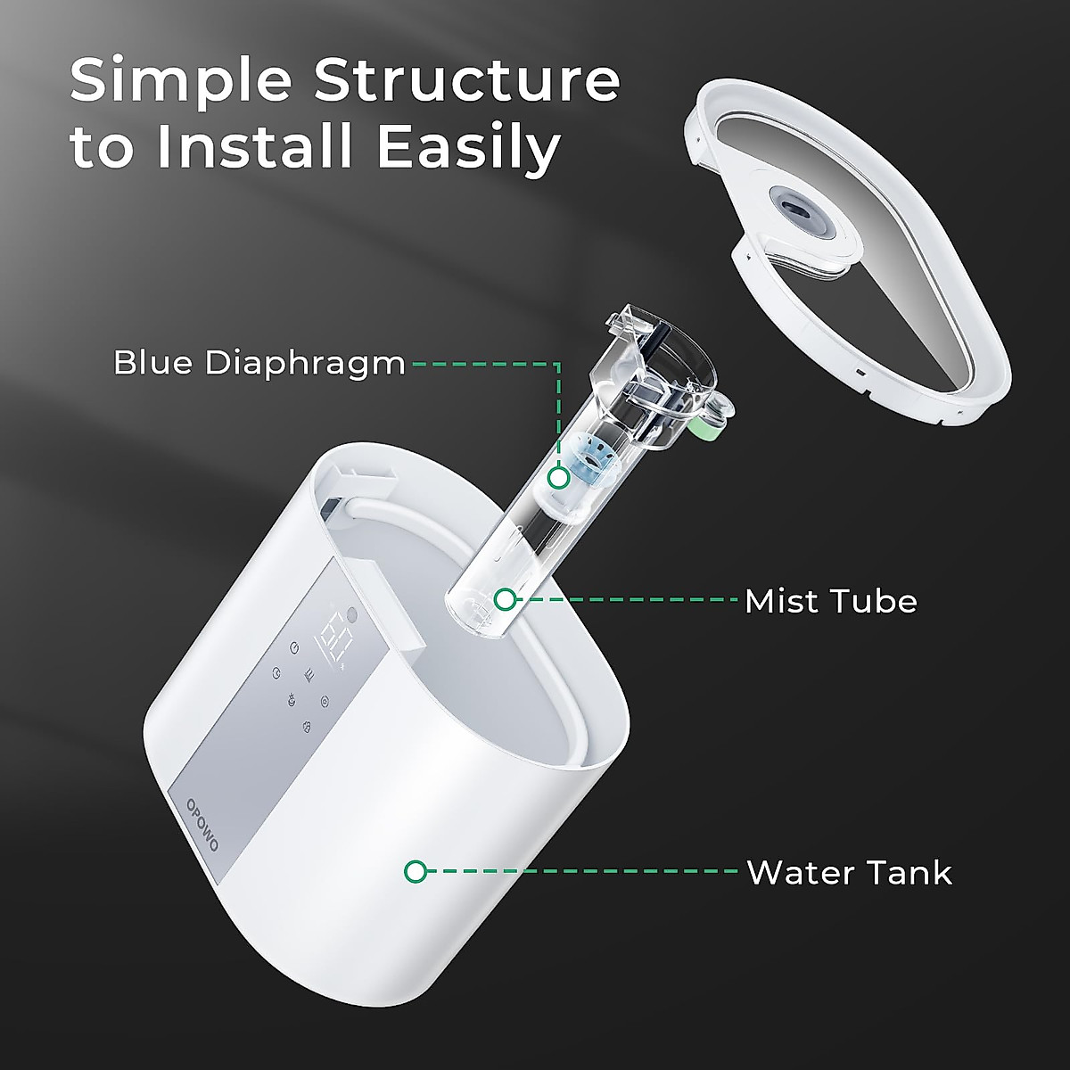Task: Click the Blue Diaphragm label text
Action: click(x=259, y=364)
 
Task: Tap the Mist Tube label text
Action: click(x=830, y=601)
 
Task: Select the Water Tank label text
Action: click(x=849, y=872)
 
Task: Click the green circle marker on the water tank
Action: click(x=416, y=871)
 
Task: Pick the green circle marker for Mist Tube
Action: click(x=506, y=599)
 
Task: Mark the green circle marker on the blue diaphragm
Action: click(x=559, y=478)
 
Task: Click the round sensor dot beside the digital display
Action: click(x=351, y=615)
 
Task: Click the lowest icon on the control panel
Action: click(x=307, y=727)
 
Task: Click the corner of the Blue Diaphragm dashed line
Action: click(x=559, y=364)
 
